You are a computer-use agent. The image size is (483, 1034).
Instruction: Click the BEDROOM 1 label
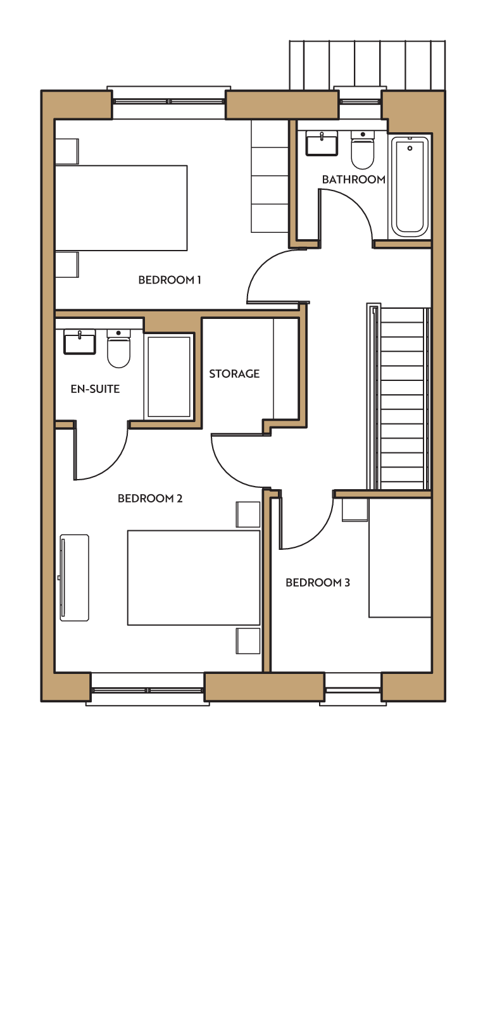pyautogui.click(x=170, y=280)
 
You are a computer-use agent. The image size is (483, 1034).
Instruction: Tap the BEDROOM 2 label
pyautogui.click(x=150, y=499)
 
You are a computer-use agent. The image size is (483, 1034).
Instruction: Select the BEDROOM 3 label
pyautogui.click(x=318, y=583)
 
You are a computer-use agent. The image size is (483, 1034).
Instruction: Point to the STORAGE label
pyautogui.click(x=234, y=373)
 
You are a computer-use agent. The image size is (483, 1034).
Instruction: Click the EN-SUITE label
pyautogui.click(x=95, y=389)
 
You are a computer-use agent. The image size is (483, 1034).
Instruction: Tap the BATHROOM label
pyautogui.click(x=354, y=180)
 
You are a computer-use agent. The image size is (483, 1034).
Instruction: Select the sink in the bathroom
pyautogui.click(x=322, y=143)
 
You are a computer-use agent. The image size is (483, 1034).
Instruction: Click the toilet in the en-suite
pyautogui.click(x=118, y=349)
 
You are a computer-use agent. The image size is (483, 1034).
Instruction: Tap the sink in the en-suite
pyautogui.click(x=79, y=342)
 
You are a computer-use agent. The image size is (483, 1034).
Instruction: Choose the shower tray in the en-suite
pyautogui.click(x=168, y=377)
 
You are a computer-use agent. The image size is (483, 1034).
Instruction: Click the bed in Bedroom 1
pyautogui.click(x=121, y=208)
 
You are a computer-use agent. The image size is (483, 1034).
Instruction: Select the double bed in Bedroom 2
pyautogui.click(x=194, y=578)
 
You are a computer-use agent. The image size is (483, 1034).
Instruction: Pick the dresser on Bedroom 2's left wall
pyautogui.click(x=74, y=578)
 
